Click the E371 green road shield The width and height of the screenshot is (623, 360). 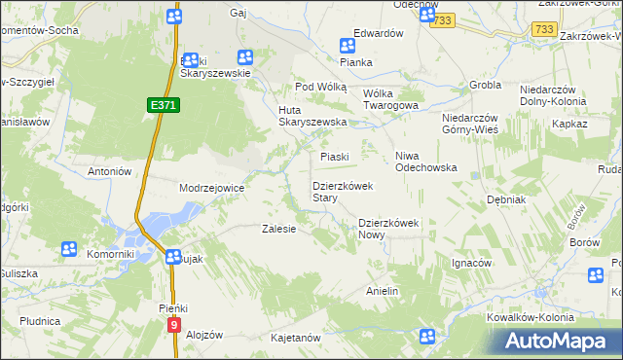tap(163, 104)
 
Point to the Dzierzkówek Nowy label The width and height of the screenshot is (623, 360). tap(387, 228)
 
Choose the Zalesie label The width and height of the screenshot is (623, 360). tap(278, 230)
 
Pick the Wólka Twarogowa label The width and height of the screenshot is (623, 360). tap(390, 99)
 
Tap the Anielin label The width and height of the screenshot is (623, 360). tap(383, 291)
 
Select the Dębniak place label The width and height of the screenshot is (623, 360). tap(506, 198)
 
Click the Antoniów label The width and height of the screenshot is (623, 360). tap(109, 171)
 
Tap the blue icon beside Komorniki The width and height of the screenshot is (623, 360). tap(69, 250)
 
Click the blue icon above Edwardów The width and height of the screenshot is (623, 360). tap(348, 45)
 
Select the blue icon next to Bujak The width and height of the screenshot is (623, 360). tap(171, 258)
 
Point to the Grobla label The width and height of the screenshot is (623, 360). tap(484, 85)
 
